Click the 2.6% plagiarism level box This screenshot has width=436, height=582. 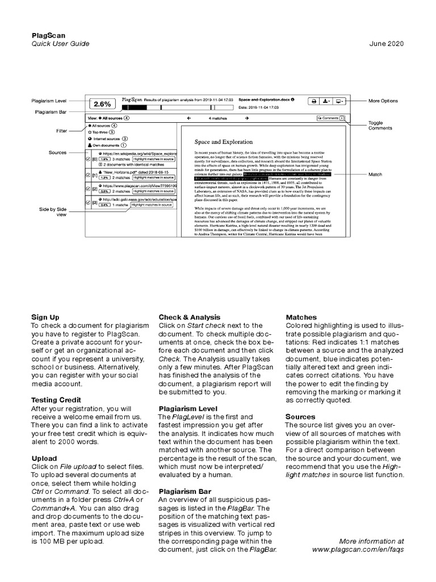(x=102, y=104)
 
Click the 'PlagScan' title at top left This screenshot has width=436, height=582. (x=48, y=35)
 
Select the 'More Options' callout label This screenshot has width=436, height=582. (x=383, y=101)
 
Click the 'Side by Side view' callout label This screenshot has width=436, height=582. (x=53, y=211)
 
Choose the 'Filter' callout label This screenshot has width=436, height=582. (x=61, y=131)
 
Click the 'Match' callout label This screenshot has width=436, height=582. (x=375, y=174)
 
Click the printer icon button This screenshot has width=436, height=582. (x=313, y=101)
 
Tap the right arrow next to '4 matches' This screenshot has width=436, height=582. (x=247, y=118)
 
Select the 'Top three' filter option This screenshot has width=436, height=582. (x=102, y=131)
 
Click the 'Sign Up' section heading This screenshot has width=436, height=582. (x=45, y=317)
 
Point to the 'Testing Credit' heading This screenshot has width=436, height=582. (x=56, y=400)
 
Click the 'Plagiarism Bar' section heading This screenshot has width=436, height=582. (x=185, y=491)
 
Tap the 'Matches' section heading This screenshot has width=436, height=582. (x=301, y=317)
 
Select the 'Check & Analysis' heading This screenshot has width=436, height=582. (x=190, y=317)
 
